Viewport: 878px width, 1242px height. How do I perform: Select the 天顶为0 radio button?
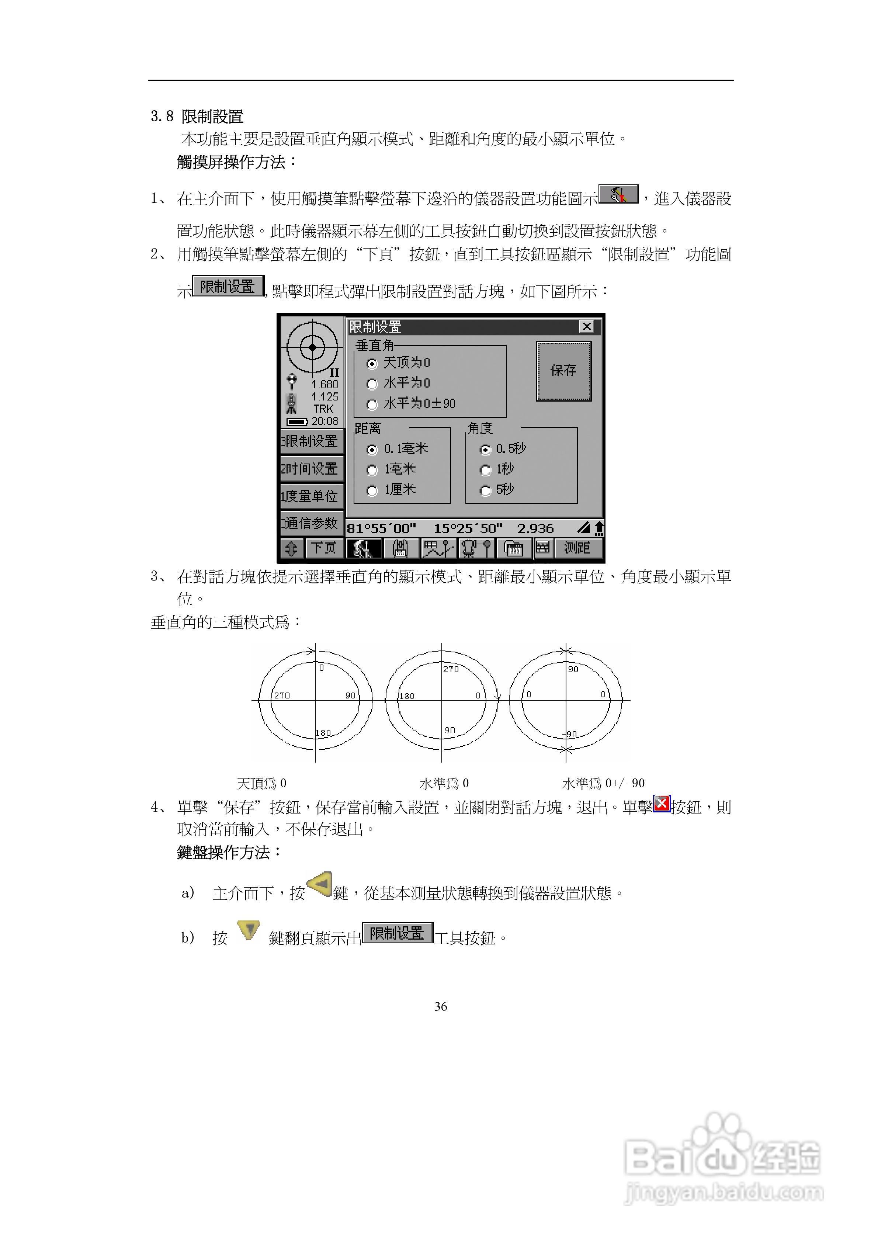tap(372, 364)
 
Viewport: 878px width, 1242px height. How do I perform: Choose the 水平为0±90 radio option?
tap(372, 405)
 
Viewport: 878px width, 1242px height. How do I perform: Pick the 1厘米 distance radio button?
tap(372, 490)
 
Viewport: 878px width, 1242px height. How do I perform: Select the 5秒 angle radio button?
tap(485, 490)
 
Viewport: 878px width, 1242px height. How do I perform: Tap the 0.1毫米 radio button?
tap(372, 450)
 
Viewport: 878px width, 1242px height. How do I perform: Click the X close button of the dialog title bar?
tap(586, 326)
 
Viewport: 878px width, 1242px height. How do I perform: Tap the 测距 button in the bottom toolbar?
tap(577, 548)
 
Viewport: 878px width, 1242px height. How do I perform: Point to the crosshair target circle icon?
tap(312, 347)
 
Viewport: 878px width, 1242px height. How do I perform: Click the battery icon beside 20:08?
tap(296, 421)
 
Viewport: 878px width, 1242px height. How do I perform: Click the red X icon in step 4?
tap(662, 804)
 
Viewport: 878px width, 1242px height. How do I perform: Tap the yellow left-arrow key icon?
tap(320, 884)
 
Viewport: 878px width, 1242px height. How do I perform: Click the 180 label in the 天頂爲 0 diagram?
tap(323, 733)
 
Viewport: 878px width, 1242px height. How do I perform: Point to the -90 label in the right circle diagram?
tap(571, 735)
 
